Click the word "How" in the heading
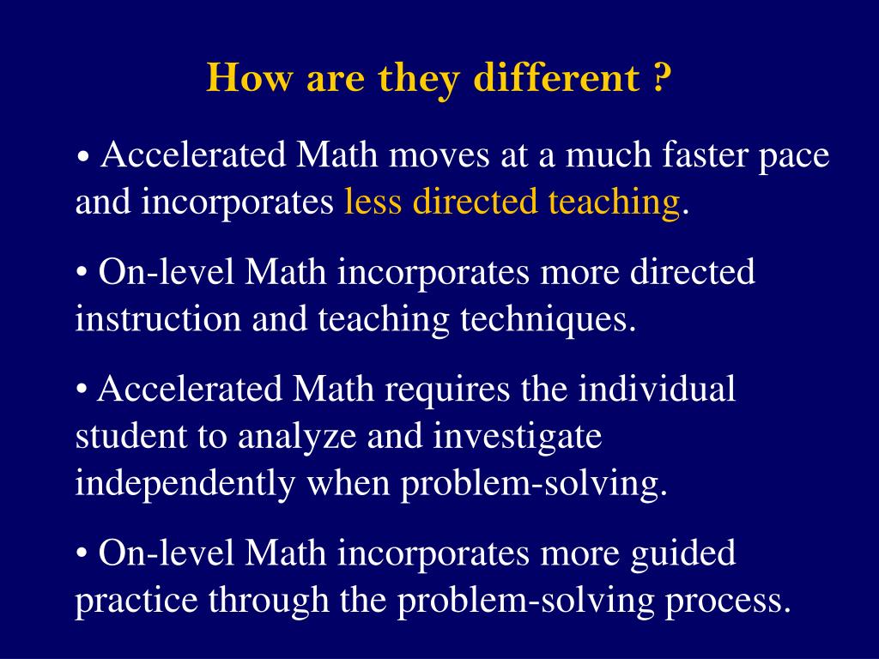[x=240, y=79]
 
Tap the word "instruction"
[x=157, y=319]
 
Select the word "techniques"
[x=548, y=320]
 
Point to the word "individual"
[x=656, y=389]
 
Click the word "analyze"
[x=297, y=438]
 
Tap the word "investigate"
[x=517, y=438]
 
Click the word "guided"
[x=684, y=554]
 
